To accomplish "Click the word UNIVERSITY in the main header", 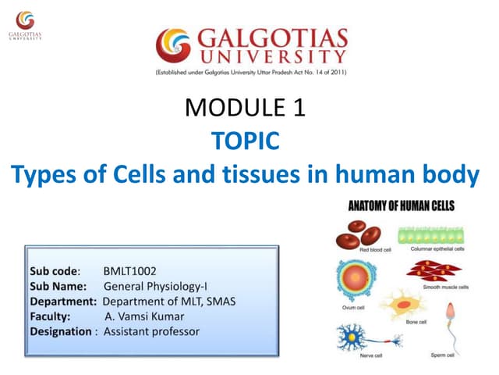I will coord(274,57).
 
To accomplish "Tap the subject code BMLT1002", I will coord(130,271).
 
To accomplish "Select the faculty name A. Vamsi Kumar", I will coord(144,316).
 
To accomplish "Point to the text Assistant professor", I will coord(151,331).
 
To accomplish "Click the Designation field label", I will coord(61,331).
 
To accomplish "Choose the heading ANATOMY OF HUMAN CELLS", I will coord(400,207).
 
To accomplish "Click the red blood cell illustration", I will coord(365,233).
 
